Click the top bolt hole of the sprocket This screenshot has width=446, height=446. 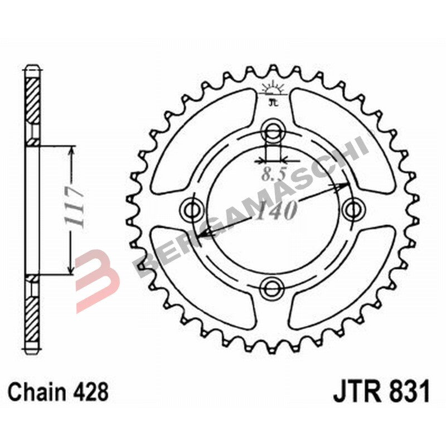273,132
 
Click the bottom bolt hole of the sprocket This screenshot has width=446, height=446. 273,287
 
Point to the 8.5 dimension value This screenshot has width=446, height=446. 273,174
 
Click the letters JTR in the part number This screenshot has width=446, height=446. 357,392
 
